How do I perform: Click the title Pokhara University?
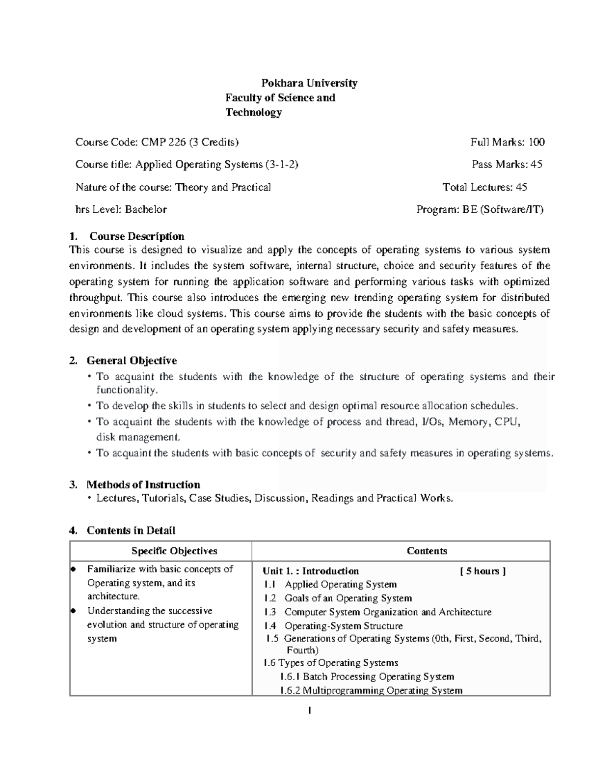tap(309, 83)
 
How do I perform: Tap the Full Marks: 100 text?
tap(507, 142)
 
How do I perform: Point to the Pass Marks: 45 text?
tap(507, 165)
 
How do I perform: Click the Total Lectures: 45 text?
tap(484, 187)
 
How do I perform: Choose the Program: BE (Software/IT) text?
tap(480, 210)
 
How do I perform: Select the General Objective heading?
tap(132, 361)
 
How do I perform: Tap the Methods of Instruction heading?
tap(143, 485)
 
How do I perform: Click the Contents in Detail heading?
tap(131, 531)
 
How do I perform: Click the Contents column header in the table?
tap(427, 551)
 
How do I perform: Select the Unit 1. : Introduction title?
tap(311, 571)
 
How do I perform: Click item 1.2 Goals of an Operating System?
tap(338, 598)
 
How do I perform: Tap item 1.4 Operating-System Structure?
tap(333, 626)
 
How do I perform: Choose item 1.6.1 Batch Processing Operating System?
tap(367, 677)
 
